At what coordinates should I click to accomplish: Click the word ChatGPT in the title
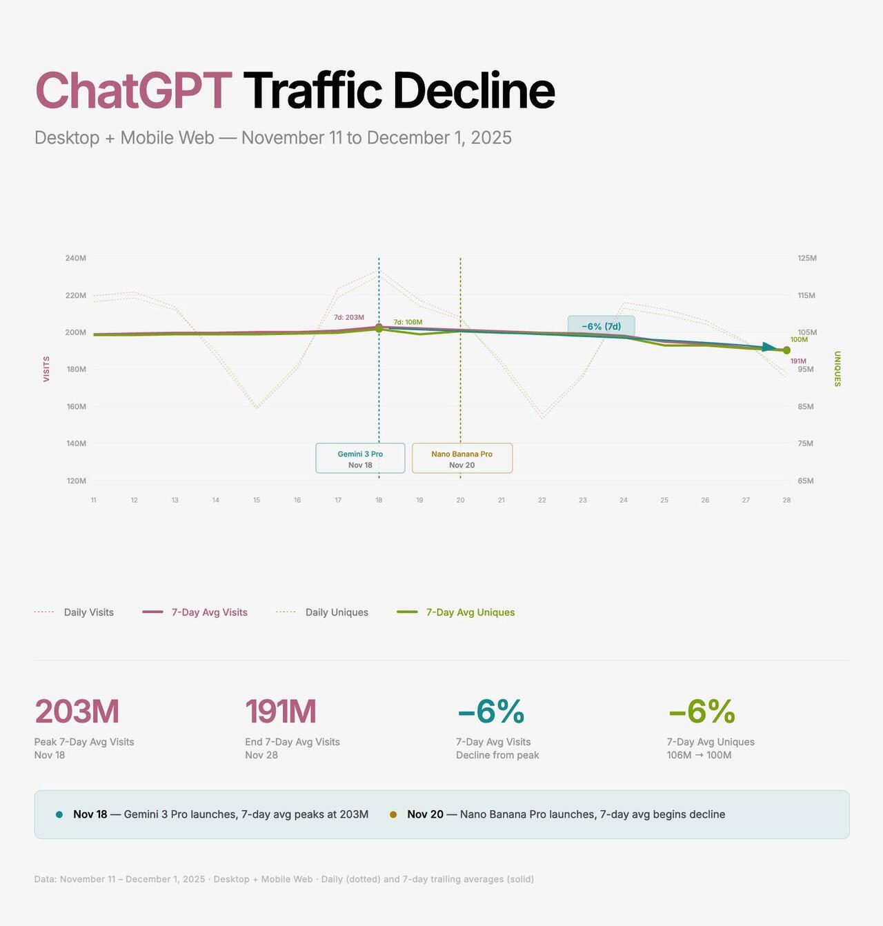[x=133, y=90]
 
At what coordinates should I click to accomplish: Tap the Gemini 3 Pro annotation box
[x=360, y=459]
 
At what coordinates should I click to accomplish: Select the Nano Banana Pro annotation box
[x=462, y=459]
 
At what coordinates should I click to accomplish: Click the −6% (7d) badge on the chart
[x=601, y=326]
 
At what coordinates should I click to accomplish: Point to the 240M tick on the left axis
[x=76, y=258]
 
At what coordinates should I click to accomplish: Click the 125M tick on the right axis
[x=806, y=258]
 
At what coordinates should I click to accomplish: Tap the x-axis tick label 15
[x=257, y=500]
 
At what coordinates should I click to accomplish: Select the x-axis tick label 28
[x=786, y=500]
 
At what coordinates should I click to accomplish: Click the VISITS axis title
[x=46, y=369]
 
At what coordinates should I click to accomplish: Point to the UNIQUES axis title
[x=837, y=369]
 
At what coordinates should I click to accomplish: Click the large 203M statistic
[x=77, y=712]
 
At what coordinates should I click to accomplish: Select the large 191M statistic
[x=281, y=712]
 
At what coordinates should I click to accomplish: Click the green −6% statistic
[x=702, y=712]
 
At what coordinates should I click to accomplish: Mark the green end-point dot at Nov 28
[x=786, y=350]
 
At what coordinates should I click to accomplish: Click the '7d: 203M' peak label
[x=348, y=317]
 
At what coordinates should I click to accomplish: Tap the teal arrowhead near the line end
[x=769, y=348]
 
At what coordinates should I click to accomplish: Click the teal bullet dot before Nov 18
[x=59, y=814]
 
